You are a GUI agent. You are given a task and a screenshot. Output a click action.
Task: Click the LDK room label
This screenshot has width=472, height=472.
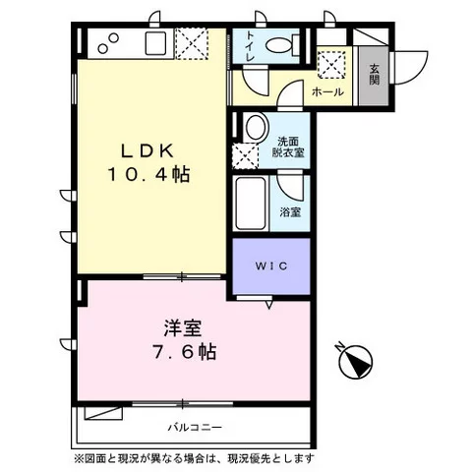pyautogui.click(x=147, y=151)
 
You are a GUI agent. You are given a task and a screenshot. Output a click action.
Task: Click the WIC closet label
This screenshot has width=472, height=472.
pyautogui.click(x=271, y=265)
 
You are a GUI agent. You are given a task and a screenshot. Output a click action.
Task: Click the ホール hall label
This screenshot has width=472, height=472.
pyautogui.click(x=327, y=91)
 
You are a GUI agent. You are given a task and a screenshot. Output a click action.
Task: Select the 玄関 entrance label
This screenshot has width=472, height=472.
pyautogui.click(x=375, y=75)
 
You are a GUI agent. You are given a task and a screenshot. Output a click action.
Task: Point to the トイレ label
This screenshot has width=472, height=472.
pyautogui.click(x=252, y=46)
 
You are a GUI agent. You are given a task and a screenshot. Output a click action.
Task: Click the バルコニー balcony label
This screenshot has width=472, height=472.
pyautogui.click(x=193, y=428)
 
